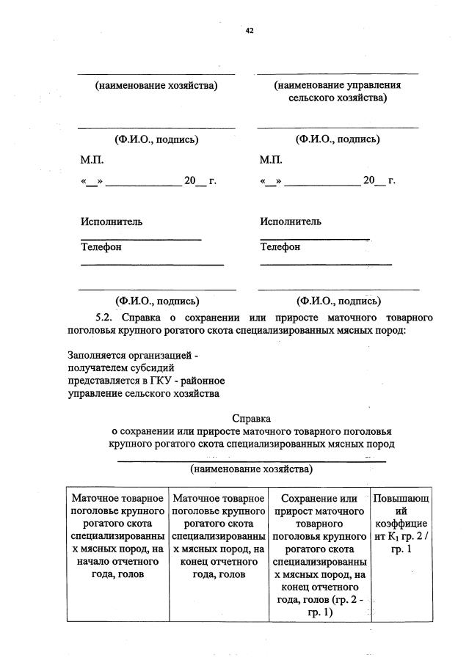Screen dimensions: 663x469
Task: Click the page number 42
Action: click(x=249, y=31)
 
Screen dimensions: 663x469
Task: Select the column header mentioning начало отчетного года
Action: click(x=117, y=536)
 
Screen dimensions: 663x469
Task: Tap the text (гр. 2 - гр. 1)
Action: click(x=318, y=606)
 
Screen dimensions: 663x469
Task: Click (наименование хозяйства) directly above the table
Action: click(x=251, y=468)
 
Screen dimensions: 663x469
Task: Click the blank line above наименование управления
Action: click(x=338, y=73)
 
